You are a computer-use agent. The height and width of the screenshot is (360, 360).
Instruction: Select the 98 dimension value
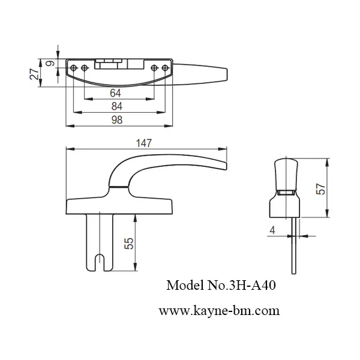click(x=117, y=120)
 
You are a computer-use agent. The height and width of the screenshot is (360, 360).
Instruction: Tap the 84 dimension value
click(x=117, y=106)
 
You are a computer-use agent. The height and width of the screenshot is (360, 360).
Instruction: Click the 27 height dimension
click(x=35, y=73)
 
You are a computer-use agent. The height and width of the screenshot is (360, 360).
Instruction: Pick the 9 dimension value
click(x=50, y=62)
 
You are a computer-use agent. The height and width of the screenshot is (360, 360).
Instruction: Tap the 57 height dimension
click(x=320, y=188)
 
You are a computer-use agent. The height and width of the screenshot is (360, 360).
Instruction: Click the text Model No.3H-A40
click(x=220, y=286)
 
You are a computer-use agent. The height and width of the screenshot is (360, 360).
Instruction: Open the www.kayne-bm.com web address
click(x=219, y=311)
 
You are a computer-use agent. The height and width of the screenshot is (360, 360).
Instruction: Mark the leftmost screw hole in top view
click(x=75, y=67)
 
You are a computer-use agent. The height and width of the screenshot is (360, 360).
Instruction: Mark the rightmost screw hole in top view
click(x=163, y=67)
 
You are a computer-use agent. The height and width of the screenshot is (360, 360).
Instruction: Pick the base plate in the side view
click(x=118, y=204)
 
